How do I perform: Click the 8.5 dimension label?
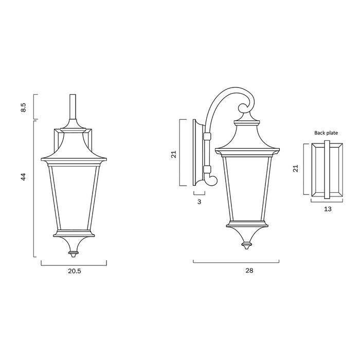tap(24, 107)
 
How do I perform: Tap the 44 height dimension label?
tap(24, 177)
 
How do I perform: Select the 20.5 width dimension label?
tap(75, 271)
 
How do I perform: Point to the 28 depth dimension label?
tap(249, 271)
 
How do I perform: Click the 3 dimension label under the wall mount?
tap(199, 202)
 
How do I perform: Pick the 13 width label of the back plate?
tap(328, 209)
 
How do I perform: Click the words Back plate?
tap(326, 133)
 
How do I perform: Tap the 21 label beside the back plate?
tap(296, 168)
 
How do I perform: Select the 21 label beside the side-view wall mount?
tap(174, 154)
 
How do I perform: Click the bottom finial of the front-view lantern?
tap(74, 254)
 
